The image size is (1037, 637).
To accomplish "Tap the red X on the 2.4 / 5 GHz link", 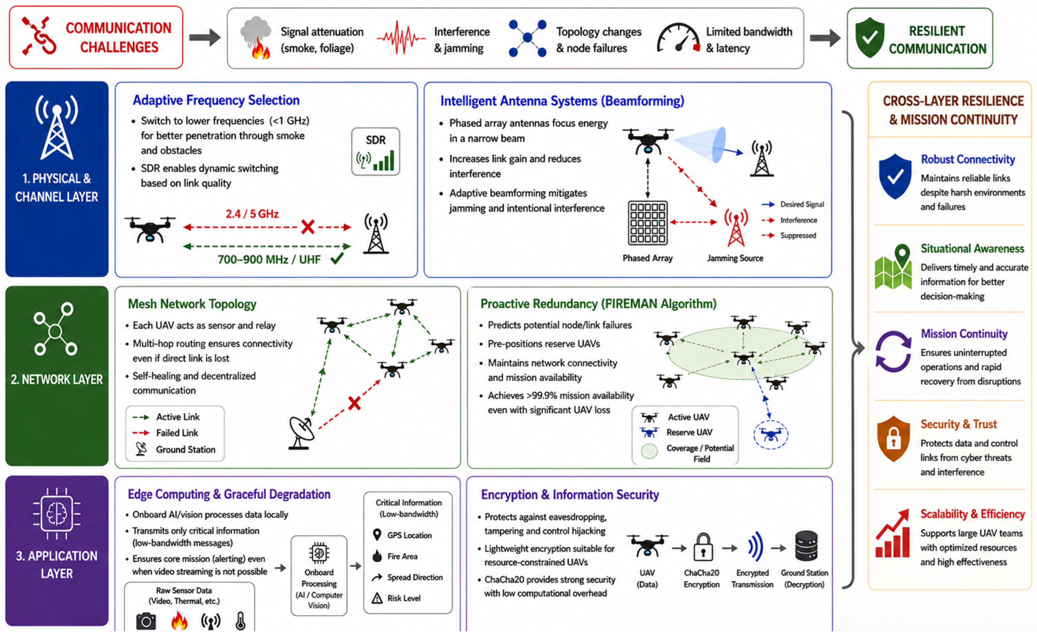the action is coord(308,227).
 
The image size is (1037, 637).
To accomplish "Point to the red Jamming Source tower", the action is coord(736,228).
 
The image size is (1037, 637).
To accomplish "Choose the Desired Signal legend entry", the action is coord(793,204).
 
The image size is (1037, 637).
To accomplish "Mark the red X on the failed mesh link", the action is coord(354,403).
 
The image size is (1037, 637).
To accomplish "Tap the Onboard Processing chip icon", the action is coord(319,552).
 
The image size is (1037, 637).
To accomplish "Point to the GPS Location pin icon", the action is coord(377,535).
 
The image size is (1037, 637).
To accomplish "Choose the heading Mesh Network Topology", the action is coord(192,304).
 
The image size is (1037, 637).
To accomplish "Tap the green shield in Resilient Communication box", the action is coord(869,38).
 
